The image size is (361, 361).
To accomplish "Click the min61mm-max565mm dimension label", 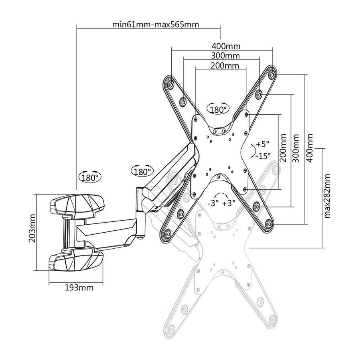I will (x=155, y=24).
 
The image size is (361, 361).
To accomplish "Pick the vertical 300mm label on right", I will (x=296, y=148).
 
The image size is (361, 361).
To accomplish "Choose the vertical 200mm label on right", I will (x=283, y=148).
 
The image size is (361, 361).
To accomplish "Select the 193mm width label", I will (x=79, y=288).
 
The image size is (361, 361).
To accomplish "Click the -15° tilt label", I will (x=263, y=156).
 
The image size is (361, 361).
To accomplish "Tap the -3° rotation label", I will (x=213, y=203).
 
